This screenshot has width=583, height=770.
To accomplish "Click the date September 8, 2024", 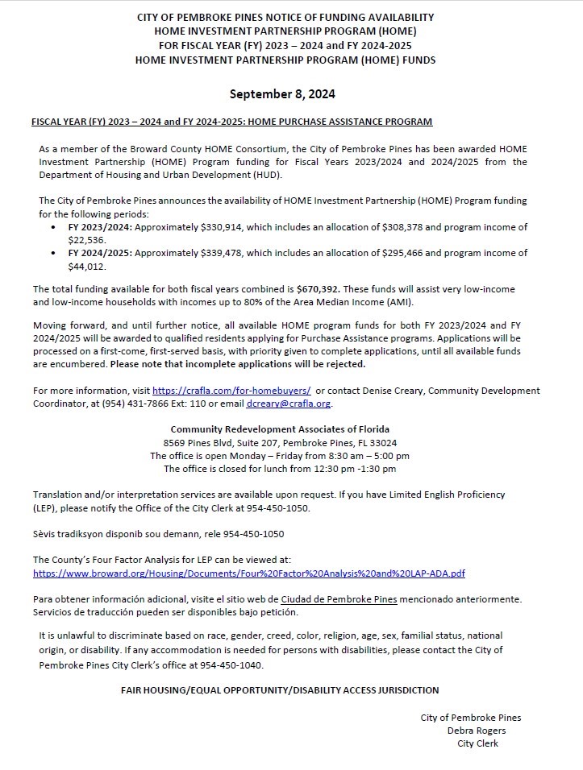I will click(282, 94).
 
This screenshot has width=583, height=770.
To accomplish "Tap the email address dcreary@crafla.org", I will click(288, 404).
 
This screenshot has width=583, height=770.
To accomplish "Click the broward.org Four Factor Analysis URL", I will click(249, 573).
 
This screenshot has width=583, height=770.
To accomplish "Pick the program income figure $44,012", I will click(87, 266).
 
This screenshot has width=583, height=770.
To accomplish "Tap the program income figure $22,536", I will click(87, 240).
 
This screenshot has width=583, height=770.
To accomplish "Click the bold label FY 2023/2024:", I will click(99, 227).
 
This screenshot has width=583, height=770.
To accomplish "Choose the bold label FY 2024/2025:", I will click(99, 253).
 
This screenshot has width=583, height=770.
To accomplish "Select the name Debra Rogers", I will click(477, 731).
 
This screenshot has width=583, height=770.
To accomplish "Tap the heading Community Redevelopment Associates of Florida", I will click(280, 429).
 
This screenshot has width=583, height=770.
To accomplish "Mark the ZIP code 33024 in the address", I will click(382, 443).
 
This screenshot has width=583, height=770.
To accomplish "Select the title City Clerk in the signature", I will click(477, 743).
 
